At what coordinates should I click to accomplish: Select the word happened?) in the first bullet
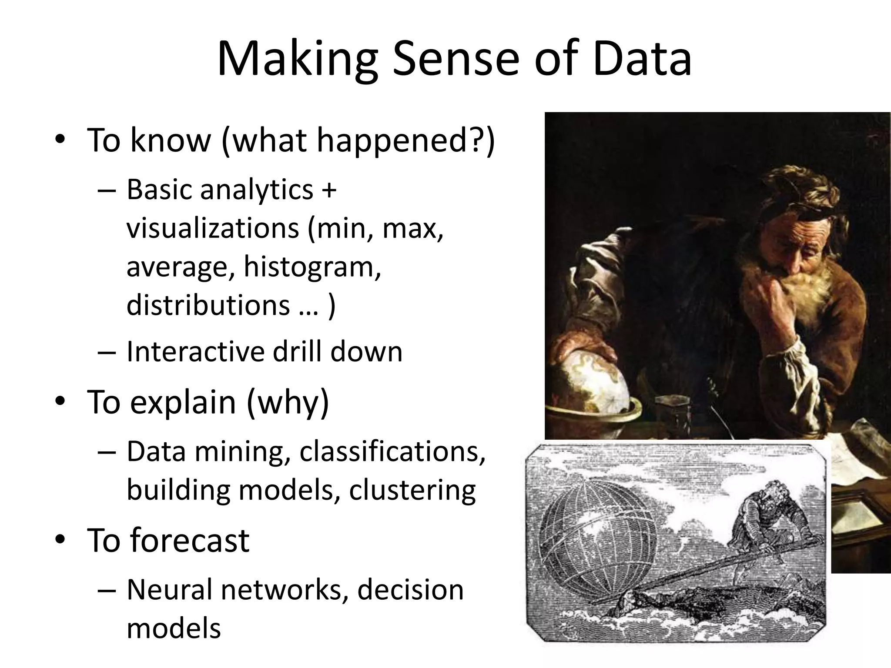coord(405,140)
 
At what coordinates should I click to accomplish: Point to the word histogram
coord(312,266)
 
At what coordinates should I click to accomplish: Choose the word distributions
coord(208,304)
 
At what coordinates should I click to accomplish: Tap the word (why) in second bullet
coord(288,402)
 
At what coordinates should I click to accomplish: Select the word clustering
coord(412,490)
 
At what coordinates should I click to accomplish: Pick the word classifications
coord(392,451)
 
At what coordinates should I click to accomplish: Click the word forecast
coord(190,541)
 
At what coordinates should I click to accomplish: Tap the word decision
coord(410,590)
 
